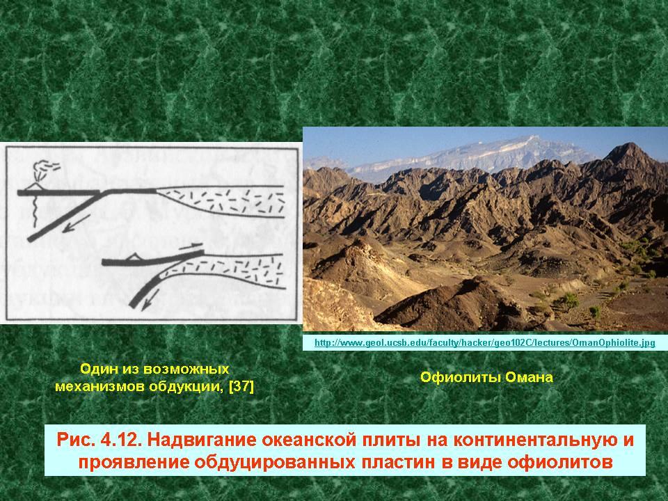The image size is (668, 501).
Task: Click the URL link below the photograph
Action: tap(484, 342)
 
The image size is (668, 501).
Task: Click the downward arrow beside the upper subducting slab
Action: tap(76, 223)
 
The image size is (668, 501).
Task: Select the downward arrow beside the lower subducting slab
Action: tap(150, 299)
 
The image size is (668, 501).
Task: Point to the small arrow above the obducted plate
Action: tap(190, 245)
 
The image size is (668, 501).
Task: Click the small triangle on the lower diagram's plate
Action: tap(134, 256)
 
